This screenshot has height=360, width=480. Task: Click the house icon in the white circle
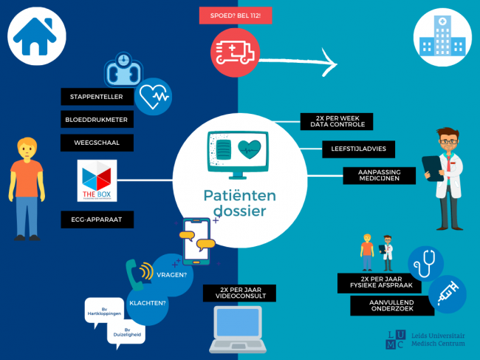pyautogui.click(x=33, y=38)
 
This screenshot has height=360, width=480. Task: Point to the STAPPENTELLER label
pyautogui.click(x=97, y=97)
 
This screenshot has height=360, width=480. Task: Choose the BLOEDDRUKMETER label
pyautogui.click(x=97, y=119)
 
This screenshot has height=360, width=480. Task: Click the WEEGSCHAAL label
pyautogui.click(x=97, y=140)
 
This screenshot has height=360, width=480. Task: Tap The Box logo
pyautogui.click(x=97, y=181)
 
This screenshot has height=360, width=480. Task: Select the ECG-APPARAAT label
pyautogui.click(x=97, y=219)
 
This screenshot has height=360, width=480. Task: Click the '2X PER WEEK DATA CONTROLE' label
pyautogui.click(x=336, y=122)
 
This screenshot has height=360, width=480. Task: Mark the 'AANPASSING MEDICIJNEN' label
pyautogui.click(x=379, y=176)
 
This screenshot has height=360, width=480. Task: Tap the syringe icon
pyautogui.click(x=447, y=293)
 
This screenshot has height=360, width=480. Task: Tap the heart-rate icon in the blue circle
pyautogui.click(x=155, y=95)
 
